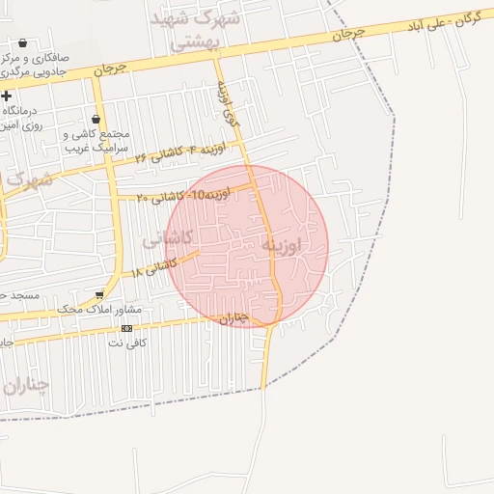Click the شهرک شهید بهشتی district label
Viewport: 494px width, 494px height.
pyautogui.click(x=202, y=29)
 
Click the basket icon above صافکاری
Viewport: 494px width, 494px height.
pyautogui.click(x=22, y=43)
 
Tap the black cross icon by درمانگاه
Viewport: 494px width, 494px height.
pyautogui.click(x=7, y=96)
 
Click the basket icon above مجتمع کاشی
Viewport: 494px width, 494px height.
pyautogui.click(x=95, y=120)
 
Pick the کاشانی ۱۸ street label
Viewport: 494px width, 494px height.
pyautogui.click(x=154, y=267)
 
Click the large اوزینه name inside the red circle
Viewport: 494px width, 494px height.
pyautogui.click(x=282, y=246)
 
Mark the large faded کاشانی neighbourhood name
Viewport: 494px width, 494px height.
pyautogui.click(x=168, y=239)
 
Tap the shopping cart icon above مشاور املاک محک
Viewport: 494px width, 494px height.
pyautogui.click(x=99, y=295)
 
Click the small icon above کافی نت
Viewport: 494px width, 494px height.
pyautogui.click(x=126, y=328)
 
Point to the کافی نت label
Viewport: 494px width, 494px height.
pyautogui.click(x=126, y=343)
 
